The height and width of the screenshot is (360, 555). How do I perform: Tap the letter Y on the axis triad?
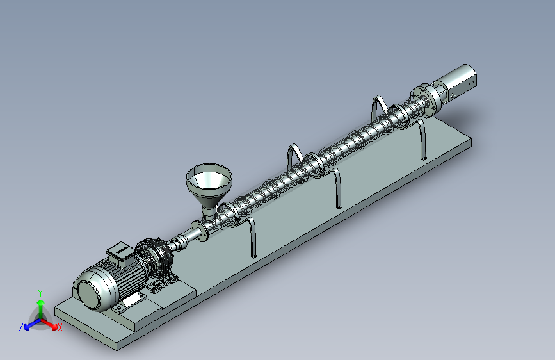click(x=40, y=293)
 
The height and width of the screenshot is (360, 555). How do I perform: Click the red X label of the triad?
click(x=60, y=328)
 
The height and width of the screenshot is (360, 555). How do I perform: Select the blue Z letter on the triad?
click(x=21, y=327)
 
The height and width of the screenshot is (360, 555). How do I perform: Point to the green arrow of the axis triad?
click(x=41, y=309)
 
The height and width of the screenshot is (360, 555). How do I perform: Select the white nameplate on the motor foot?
click(x=131, y=302)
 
